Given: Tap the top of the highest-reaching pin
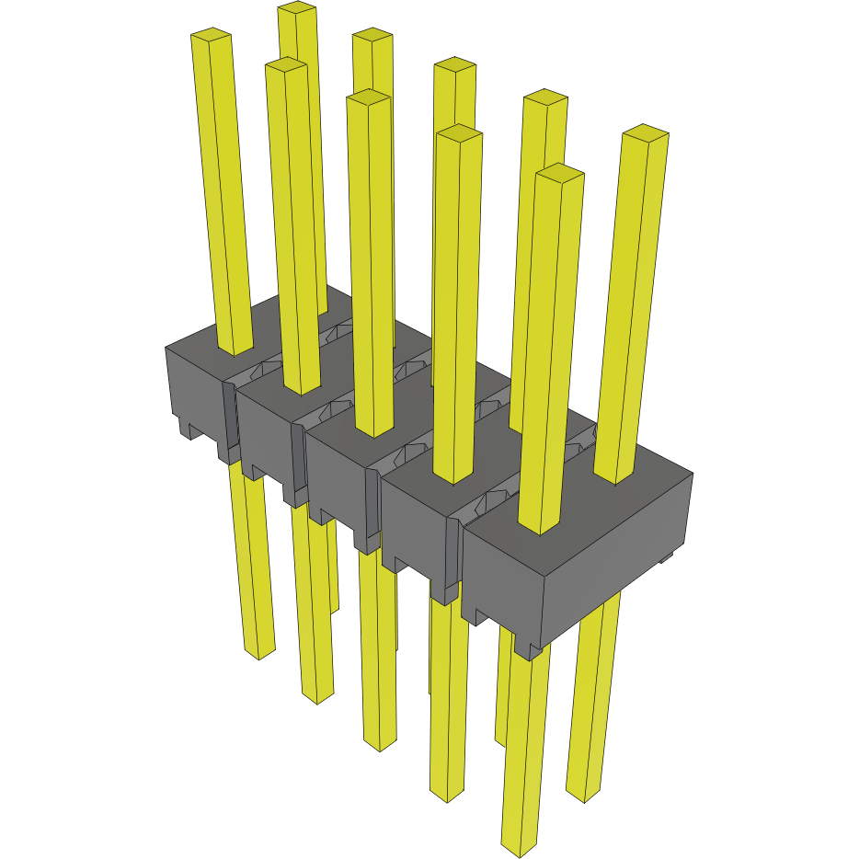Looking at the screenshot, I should click(x=297, y=8).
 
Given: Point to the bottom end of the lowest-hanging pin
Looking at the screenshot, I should click(x=519, y=849).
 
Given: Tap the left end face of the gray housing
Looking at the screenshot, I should click(x=193, y=386).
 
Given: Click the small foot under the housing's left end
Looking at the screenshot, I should click(x=188, y=429).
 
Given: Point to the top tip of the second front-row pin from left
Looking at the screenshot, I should click(x=285, y=65).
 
